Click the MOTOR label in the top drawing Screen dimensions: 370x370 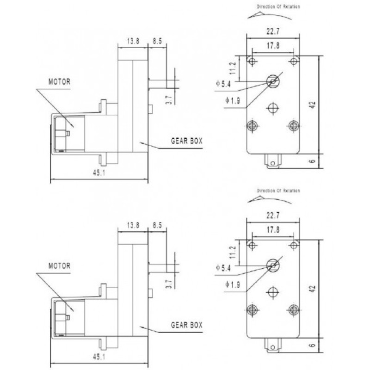(x=60, y=82)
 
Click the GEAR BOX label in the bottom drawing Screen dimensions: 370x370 (x=187, y=325)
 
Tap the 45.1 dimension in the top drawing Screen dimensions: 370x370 (x=99, y=173)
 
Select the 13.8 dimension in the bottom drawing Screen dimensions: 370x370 (x=133, y=225)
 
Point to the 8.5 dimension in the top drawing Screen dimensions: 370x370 (x=157, y=41)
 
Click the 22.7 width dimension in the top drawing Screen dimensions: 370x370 (x=273, y=31)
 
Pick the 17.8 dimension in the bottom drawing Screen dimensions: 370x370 (x=273, y=229)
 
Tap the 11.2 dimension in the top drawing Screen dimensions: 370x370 (x=233, y=68)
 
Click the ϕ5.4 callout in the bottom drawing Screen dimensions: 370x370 (x=223, y=268)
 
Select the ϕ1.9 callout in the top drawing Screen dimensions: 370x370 (x=233, y=100)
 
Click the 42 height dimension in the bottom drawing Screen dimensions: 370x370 (x=312, y=289)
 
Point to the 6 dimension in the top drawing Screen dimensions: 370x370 (x=312, y=161)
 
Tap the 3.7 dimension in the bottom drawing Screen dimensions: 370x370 (x=169, y=284)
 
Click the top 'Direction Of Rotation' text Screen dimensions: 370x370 (x=278, y=6)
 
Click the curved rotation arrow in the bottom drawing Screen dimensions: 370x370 (x=269, y=200)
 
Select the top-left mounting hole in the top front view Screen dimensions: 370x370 (x=252, y=62)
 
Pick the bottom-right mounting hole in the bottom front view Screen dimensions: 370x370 (x=294, y=309)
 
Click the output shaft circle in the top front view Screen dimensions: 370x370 (x=273, y=81)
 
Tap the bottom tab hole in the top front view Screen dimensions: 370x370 (x=273, y=163)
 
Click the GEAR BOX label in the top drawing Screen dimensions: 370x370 (x=187, y=141)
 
